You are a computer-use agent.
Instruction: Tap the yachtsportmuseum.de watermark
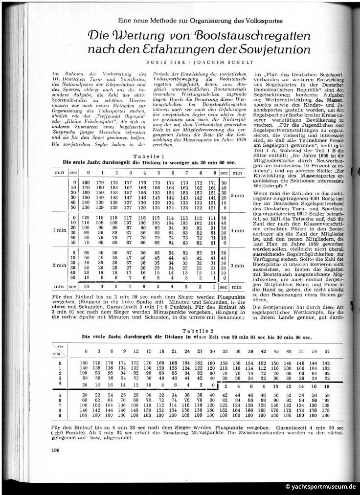coord(319,487)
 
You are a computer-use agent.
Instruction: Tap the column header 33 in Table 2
coord(225,351)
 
